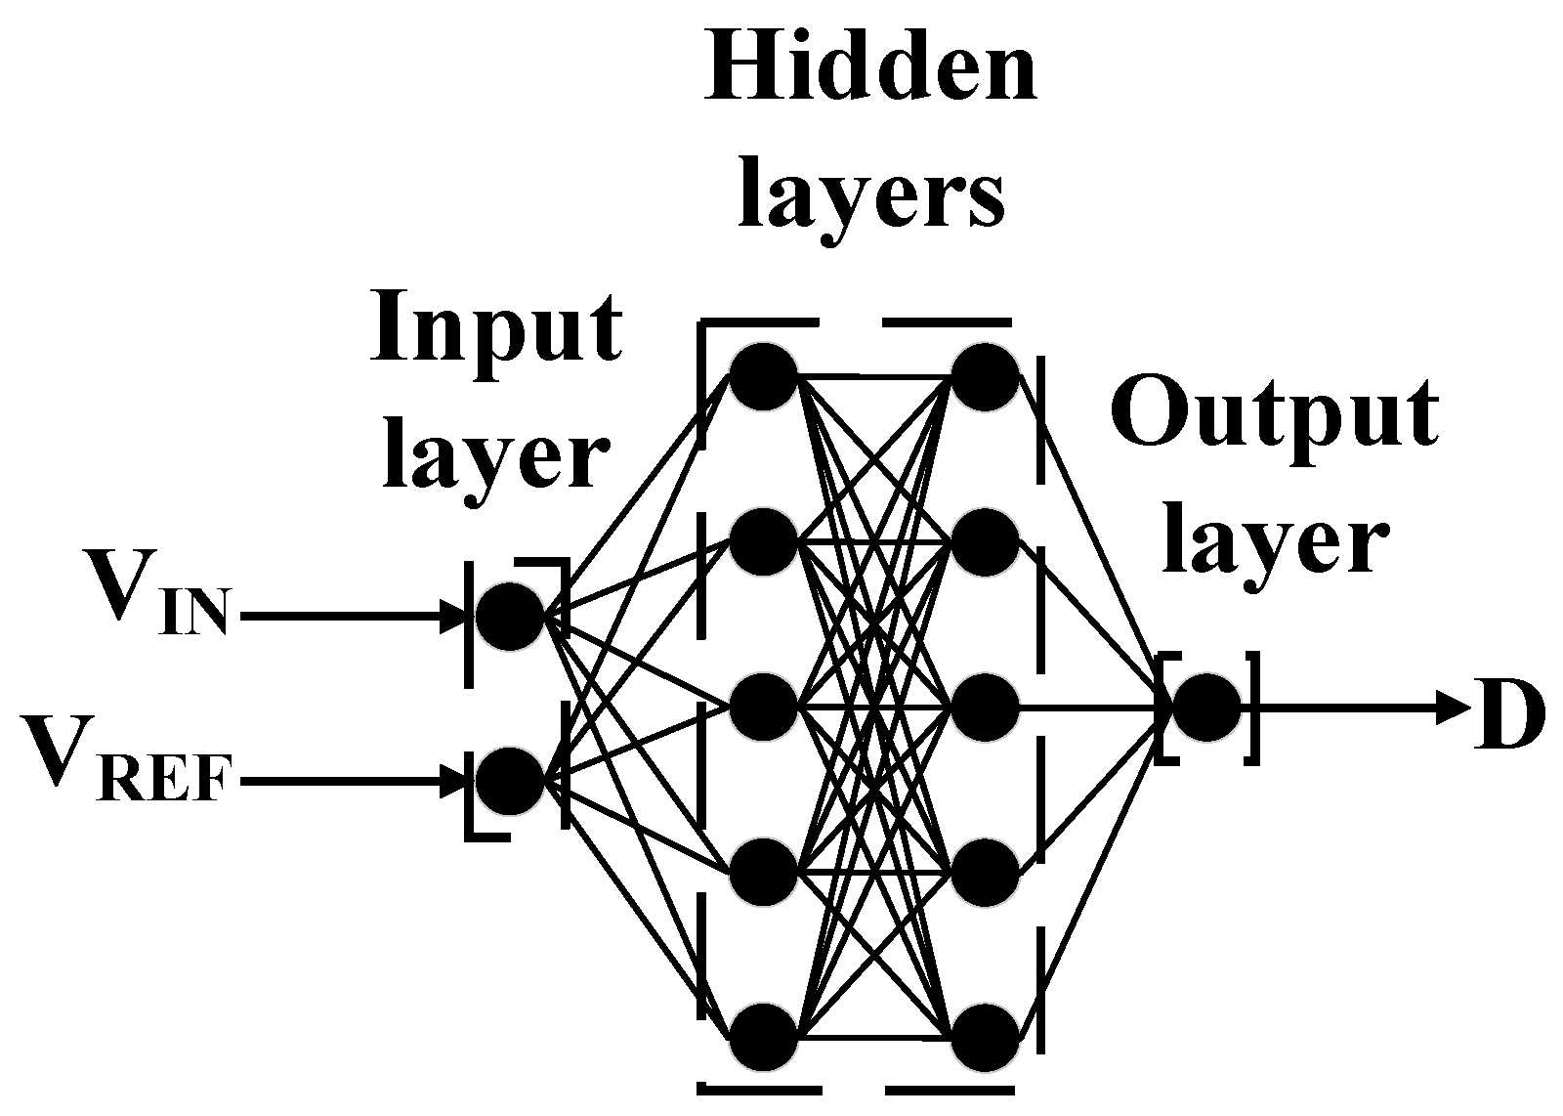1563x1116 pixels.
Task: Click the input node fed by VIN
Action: [x=509, y=617]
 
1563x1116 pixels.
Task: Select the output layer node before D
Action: [x=1207, y=707]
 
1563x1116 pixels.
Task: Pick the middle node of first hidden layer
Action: [x=764, y=706]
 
